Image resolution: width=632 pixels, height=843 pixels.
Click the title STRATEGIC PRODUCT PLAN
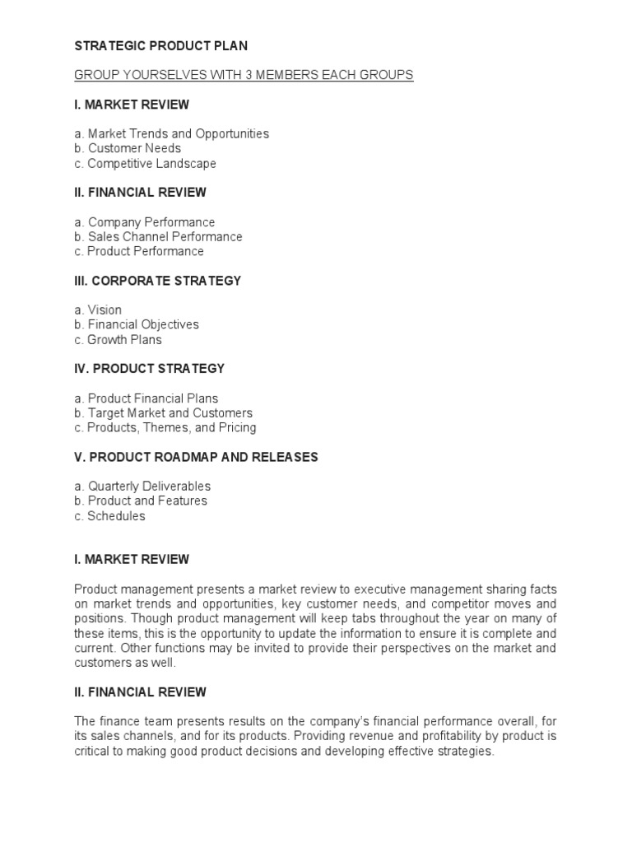160,46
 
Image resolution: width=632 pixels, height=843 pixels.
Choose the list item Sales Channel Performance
158,237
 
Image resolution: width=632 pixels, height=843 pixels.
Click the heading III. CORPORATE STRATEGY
157,281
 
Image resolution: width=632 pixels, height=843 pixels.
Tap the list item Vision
98,310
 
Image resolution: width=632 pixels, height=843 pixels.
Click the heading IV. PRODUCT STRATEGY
149,369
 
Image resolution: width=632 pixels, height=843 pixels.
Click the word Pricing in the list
238,428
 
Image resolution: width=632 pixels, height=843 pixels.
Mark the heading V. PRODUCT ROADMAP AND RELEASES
196,457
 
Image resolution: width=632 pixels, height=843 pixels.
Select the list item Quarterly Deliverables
142,487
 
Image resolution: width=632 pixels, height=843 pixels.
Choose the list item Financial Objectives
137,325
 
